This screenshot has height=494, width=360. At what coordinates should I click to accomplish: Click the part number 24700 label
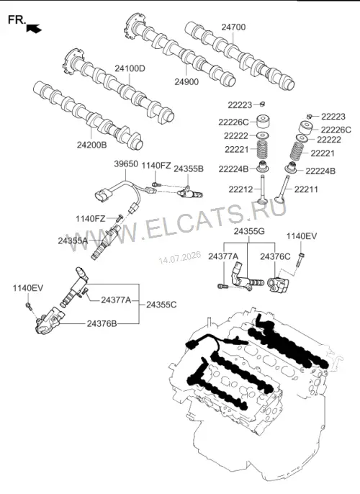click(233, 27)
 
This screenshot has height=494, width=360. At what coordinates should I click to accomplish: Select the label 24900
click(186, 82)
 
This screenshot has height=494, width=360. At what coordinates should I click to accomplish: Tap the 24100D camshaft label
click(130, 68)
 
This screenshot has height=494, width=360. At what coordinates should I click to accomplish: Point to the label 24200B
click(91, 145)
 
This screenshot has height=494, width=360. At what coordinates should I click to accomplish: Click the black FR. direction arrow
click(34, 28)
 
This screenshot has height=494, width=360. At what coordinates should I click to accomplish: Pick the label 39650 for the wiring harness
click(126, 164)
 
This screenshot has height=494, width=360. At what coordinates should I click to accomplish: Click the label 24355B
click(189, 169)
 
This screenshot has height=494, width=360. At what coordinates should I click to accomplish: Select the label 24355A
click(73, 241)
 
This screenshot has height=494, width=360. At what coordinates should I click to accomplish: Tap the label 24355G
click(249, 232)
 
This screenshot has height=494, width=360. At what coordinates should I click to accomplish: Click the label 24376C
click(275, 256)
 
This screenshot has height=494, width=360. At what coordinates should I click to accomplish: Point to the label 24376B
click(102, 323)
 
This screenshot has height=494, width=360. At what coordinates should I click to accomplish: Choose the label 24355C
click(161, 305)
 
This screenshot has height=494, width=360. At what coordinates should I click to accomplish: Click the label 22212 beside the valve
click(240, 189)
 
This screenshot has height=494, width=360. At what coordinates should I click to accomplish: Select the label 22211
click(306, 189)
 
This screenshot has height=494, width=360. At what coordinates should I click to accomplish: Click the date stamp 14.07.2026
click(179, 257)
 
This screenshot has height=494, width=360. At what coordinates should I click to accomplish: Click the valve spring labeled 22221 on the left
click(262, 149)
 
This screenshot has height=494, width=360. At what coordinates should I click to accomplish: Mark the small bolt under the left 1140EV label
click(29, 305)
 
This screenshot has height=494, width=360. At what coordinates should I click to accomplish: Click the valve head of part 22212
click(262, 201)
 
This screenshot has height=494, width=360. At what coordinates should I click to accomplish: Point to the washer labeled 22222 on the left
click(262, 136)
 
